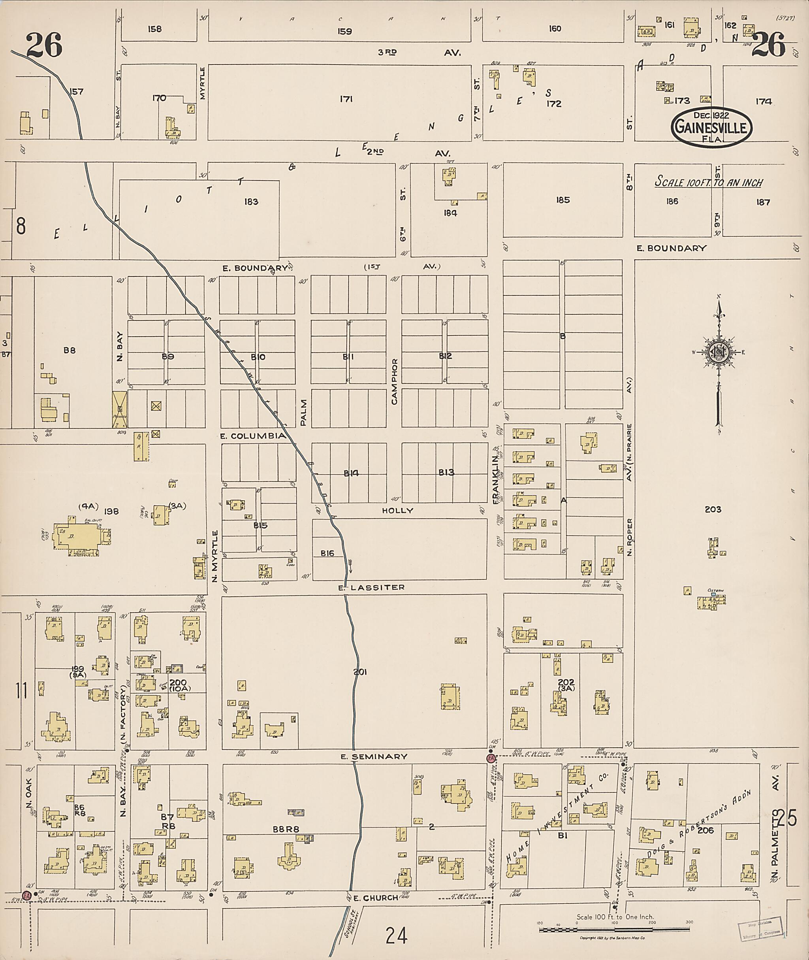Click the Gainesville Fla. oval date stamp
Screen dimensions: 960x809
point(711,127)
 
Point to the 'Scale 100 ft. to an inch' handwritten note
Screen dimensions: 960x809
point(708,182)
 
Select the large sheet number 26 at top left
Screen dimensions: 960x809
point(44,46)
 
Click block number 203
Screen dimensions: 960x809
point(713,509)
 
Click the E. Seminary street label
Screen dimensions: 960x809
point(374,756)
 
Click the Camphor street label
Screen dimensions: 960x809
point(394,381)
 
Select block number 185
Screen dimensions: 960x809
point(563,200)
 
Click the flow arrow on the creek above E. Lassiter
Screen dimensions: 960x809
point(350,564)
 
